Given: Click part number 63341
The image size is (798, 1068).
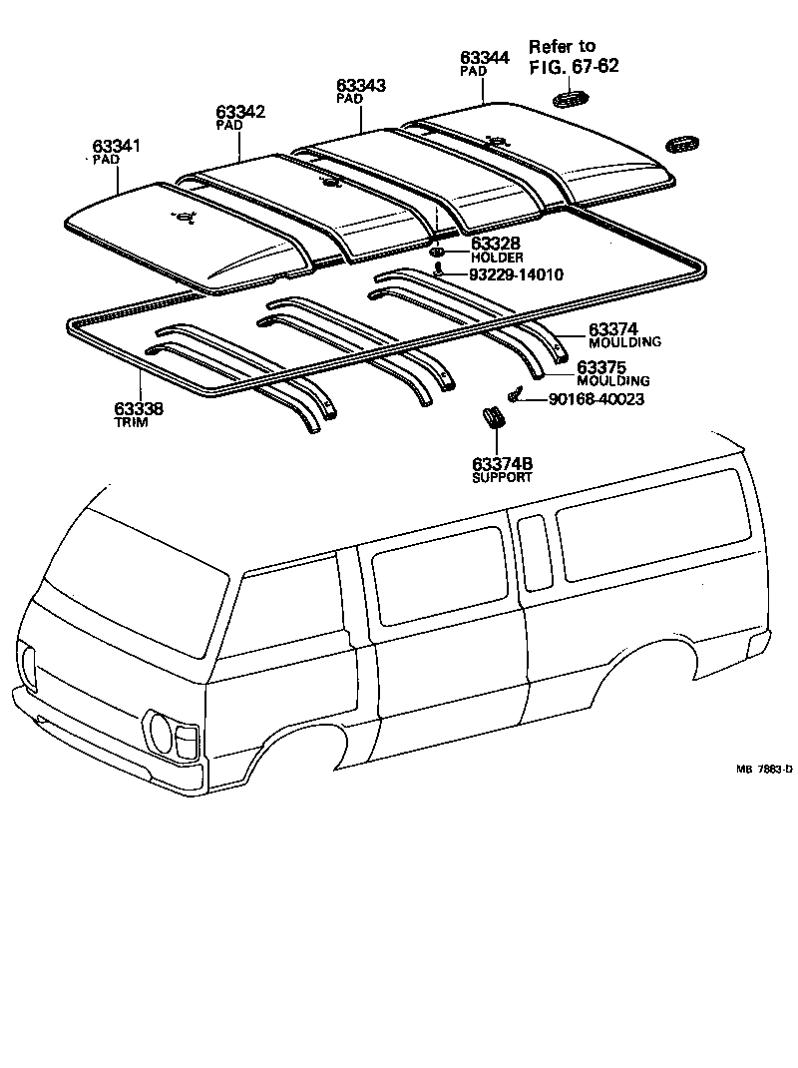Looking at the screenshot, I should click(x=118, y=147).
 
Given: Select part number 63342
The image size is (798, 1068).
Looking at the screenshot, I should click(x=240, y=112).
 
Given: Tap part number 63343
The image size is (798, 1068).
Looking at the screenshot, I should click(x=360, y=87).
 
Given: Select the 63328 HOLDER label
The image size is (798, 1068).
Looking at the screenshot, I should click(x=496, y=250).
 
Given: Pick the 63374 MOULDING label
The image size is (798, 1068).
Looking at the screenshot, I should click(x=624, y=334).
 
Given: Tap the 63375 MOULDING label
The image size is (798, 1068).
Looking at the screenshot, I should click(x=612, y=373).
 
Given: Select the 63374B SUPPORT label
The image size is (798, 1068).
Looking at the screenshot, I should click(x=502, y=469).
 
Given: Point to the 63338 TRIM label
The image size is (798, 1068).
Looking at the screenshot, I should click(x=139, y=415).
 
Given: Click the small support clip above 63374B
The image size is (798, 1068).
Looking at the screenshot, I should click(x=493, y=417).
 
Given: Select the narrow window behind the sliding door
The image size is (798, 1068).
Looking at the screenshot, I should click(x=534, y=552).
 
